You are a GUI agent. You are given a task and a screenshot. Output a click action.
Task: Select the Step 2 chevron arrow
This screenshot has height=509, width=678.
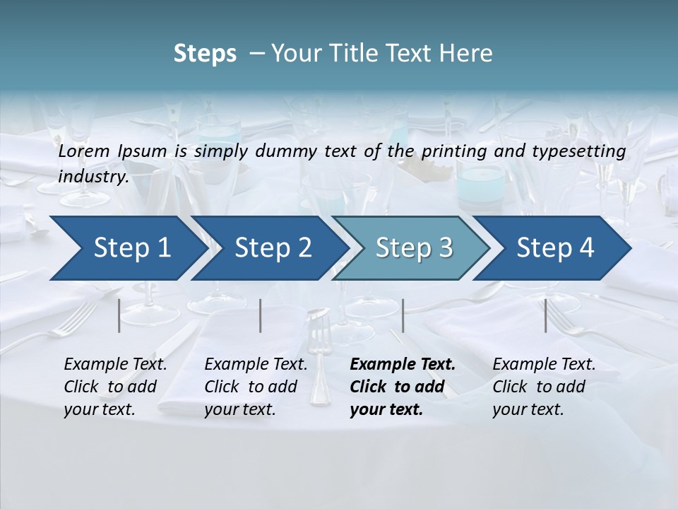click(273, 248)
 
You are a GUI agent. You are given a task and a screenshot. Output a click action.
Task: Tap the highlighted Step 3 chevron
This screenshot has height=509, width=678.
click(414, 248)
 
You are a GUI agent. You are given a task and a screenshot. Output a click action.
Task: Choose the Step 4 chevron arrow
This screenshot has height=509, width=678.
click(555, 248)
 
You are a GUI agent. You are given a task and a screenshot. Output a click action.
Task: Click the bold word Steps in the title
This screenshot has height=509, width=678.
click(205, 54)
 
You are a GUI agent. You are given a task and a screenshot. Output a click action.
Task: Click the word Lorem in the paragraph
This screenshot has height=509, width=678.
click(84, 151)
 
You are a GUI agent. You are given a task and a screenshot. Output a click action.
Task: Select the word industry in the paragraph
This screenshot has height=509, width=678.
click(91, 177)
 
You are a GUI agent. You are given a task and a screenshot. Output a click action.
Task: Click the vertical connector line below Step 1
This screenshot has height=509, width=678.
click(119, 315)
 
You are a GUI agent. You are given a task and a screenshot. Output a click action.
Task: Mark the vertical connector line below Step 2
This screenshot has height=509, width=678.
click(261, 315)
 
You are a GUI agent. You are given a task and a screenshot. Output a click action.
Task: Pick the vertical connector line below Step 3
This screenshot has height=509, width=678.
click(403, 315)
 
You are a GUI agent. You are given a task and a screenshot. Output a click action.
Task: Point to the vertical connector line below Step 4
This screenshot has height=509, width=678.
click(546, 315)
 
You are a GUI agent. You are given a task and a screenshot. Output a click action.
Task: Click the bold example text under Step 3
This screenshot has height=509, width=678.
click(401, 387)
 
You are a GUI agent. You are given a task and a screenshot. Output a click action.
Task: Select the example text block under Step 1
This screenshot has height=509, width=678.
click(114, 387)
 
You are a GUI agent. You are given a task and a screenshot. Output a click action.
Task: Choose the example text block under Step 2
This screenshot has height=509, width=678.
click(255, 387)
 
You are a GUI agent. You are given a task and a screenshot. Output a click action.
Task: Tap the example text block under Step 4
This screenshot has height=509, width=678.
click(543, 387)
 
